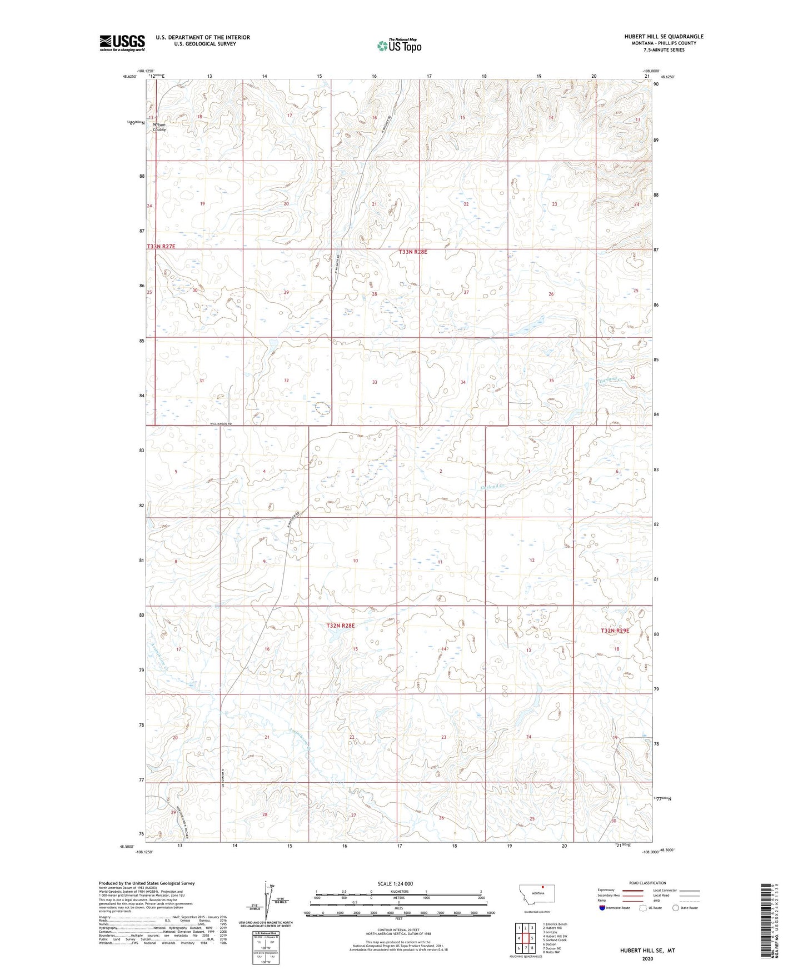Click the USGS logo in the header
pyautogui.click(x=122, y=43)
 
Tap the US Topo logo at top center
pyautogui.click(x=398, y=46)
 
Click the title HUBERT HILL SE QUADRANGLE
pyautogui.click(x=663, y=37)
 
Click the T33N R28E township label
pyautogui.click(x=413, y=252)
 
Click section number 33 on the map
pyautogui.click(x=375, y=382)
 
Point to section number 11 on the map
pyautogui.click(x=440, y=562)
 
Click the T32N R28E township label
pyautogui.click(x=340, y=626)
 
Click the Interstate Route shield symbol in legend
pyautogui.click(x=602, y=908)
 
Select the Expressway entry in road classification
pyautogui.click(x=606, y=890)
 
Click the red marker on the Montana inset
pyautogui.click(x=542, y=887)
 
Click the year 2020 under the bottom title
pyautogui.click(x=647, y=958)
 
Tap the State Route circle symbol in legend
pyautogui.click(x=676, y=908)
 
